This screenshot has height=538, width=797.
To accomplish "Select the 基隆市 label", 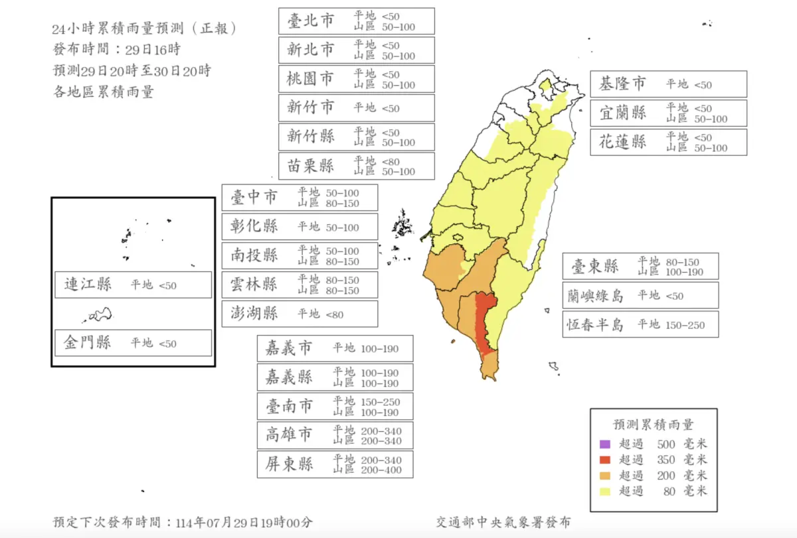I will coord(622,84).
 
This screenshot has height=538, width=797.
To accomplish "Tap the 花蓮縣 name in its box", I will coord(622,142).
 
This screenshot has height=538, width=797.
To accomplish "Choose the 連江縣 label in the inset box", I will coord(88,285).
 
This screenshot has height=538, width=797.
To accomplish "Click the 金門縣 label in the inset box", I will coord(88,343).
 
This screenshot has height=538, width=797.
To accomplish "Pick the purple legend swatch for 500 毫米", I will coord(604,444).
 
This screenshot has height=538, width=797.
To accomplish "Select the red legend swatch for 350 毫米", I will coord(604,460).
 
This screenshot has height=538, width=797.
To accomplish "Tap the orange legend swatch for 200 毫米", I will coord(604,476).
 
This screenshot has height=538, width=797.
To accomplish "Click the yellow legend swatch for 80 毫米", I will coord(604,492).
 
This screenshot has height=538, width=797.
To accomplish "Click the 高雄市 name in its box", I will coord(288,435).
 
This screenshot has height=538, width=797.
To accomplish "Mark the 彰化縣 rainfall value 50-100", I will coord(342,228).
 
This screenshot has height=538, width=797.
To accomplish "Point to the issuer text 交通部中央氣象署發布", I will coord(503,523).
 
